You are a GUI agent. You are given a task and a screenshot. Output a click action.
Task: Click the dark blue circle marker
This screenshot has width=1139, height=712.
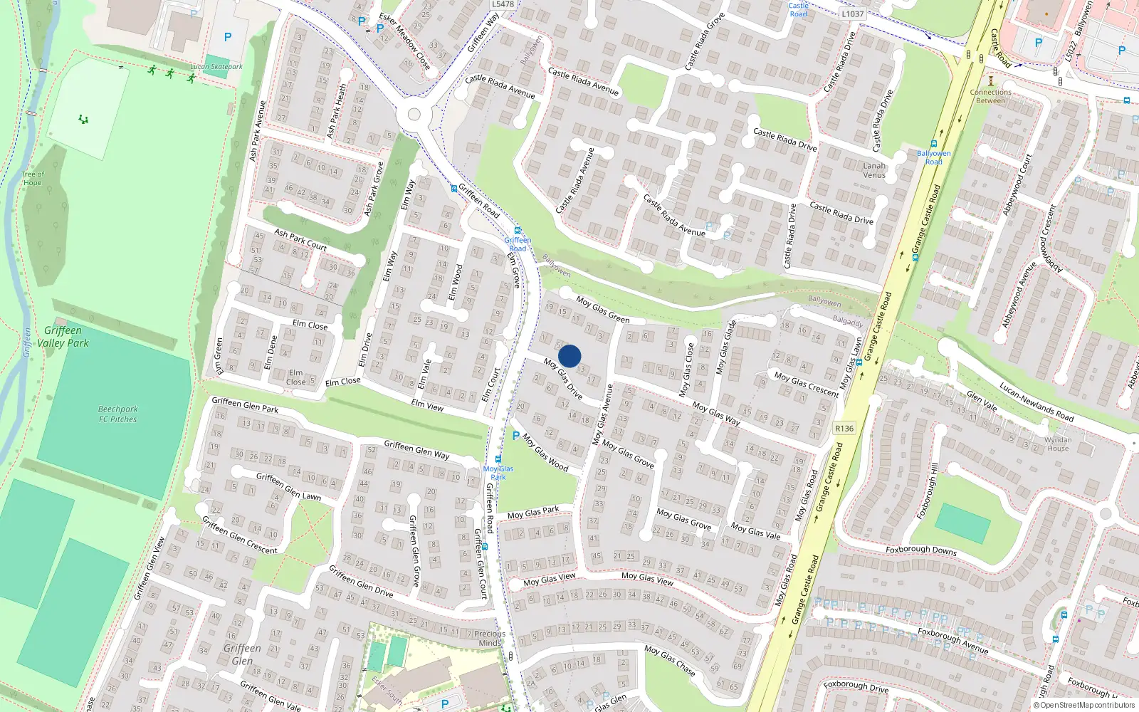point(569,356)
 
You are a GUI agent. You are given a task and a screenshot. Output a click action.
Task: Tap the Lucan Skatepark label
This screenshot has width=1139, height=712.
point(216,67)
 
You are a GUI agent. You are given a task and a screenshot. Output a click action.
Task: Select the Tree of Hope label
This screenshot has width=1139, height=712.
point(32,179)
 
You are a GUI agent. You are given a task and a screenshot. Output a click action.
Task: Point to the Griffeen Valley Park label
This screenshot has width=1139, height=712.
point(63,337)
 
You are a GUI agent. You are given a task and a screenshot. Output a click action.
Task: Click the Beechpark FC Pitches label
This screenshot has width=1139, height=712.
point(118,414)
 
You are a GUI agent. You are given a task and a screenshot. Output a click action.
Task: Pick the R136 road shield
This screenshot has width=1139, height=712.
point(844,428)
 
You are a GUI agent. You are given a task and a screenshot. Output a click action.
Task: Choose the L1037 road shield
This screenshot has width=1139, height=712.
point(852,14)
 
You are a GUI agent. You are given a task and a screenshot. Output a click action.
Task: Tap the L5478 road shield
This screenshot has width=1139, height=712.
point(503,4)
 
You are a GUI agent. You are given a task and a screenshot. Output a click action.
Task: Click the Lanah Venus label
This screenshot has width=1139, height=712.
point(874,170)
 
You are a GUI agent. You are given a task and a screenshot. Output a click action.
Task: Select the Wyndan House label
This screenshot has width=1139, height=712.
point(1058,444)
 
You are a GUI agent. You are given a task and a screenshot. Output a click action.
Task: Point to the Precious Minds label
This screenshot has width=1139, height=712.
point(490,638)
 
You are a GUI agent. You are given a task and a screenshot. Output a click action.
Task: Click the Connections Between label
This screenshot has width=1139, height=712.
point(990,96)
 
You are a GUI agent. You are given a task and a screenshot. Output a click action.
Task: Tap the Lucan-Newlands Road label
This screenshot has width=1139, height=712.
point(1036,402)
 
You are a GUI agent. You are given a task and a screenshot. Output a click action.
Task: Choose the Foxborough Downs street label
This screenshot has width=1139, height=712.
point(921,550)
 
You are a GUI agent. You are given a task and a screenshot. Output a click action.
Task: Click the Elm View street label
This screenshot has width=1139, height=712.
point(427,405)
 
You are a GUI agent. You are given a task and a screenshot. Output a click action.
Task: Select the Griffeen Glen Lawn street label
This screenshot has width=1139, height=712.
point(288,486)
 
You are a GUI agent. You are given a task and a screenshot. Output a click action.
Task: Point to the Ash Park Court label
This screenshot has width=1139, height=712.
point(300,240)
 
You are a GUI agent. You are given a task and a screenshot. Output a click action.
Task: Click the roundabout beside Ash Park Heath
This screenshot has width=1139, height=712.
point(414,115)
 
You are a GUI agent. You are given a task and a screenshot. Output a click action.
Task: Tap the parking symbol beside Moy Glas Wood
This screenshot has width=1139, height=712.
point(516,436)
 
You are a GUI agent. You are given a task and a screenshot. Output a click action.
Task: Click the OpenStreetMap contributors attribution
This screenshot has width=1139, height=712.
point(1084,706)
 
